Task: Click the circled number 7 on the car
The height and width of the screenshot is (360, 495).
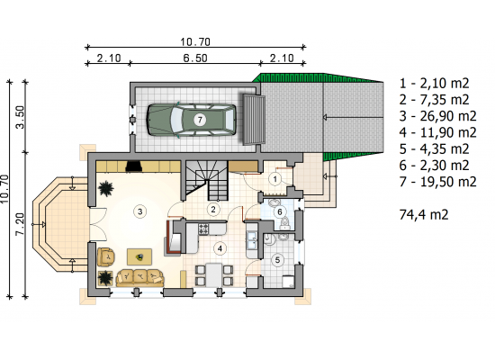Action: coord(200,120)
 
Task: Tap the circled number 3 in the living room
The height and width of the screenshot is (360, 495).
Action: coord(140,211)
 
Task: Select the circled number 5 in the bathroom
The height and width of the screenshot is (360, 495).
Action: coord(277,260)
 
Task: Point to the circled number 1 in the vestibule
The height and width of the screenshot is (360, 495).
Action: coord(275,179)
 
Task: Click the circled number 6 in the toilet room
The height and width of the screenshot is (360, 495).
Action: coord(280,211)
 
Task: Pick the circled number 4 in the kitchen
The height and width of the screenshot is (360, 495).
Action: coord(220,248)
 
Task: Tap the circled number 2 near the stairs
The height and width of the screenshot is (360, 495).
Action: coord(213,209)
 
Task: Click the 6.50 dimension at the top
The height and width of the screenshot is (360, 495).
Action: coord(195,58)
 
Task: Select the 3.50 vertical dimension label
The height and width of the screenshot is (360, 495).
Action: coord(20,117)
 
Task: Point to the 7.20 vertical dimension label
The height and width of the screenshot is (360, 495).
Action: coord(20,224)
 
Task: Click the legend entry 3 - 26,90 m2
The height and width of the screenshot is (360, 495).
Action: coord(438,116)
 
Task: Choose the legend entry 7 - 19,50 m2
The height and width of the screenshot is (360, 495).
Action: coord(438,182)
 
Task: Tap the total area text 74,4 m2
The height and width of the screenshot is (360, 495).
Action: coord(424,215)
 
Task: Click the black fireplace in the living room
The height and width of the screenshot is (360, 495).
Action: coord(134,166)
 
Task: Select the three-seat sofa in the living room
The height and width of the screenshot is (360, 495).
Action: coord(140,277)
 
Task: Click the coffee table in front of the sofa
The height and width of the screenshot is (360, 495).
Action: coord(139,257)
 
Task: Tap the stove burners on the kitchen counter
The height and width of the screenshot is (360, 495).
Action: coord(203,229)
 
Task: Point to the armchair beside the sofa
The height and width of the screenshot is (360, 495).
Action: coord(106,256)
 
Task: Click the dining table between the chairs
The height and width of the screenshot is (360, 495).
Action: coord(214,275)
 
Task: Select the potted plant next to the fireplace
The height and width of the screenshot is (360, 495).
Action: coord(106,189)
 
